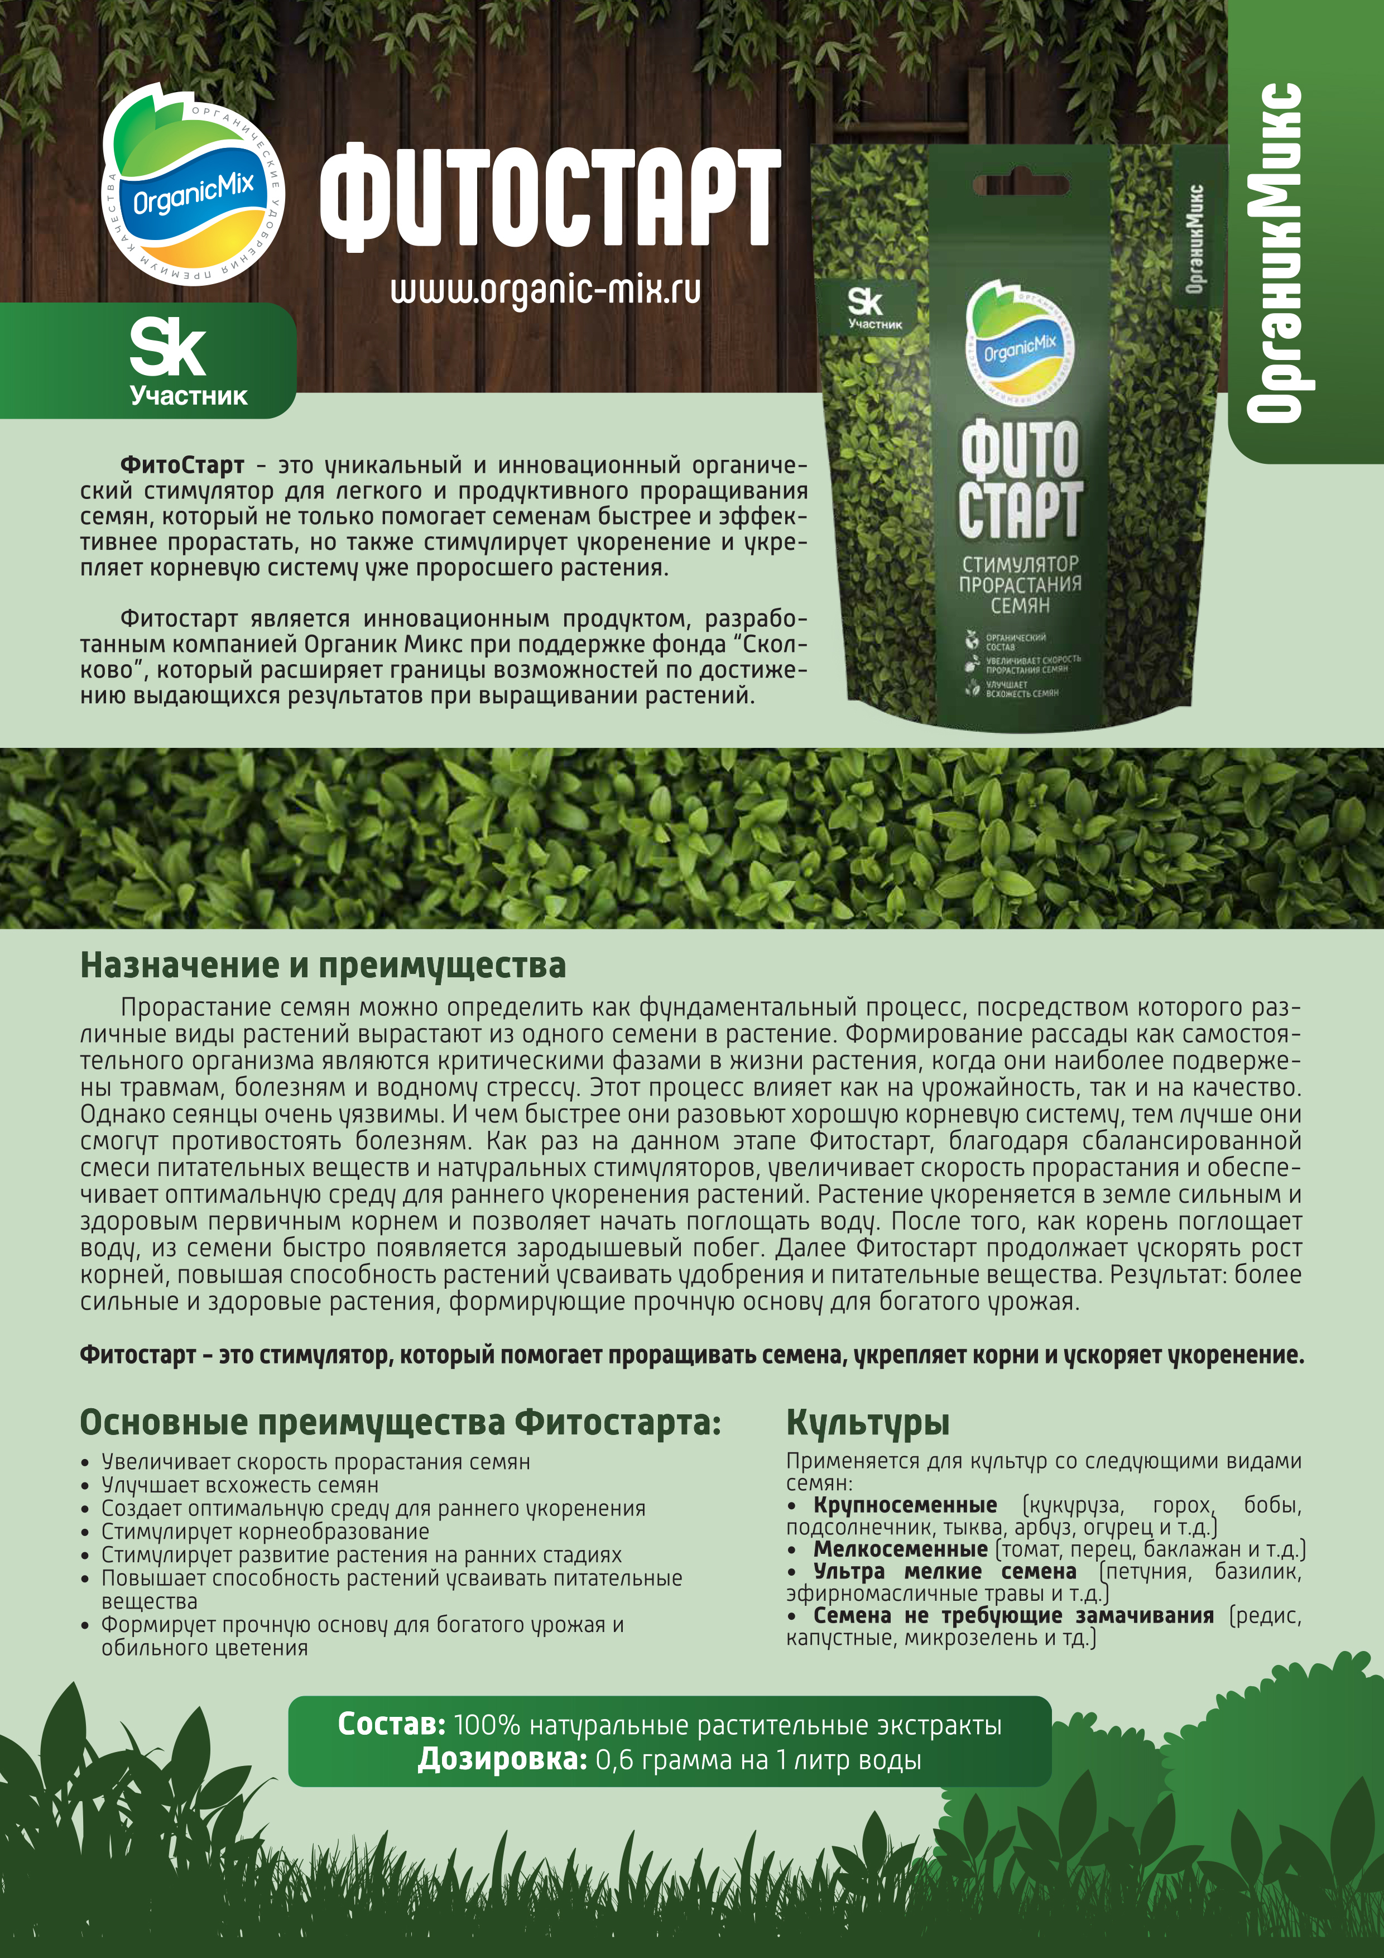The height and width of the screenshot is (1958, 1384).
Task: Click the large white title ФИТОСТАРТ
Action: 550,197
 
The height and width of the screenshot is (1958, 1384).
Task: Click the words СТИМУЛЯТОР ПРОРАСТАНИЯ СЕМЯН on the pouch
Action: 1020,584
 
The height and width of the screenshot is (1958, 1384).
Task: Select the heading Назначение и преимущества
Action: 323,966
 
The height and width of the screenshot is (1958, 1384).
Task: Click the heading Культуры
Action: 867,1422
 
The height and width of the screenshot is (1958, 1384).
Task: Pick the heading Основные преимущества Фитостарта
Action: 400,1422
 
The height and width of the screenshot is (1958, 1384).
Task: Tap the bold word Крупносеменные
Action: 905,1505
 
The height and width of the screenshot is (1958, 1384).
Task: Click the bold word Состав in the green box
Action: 391,1724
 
